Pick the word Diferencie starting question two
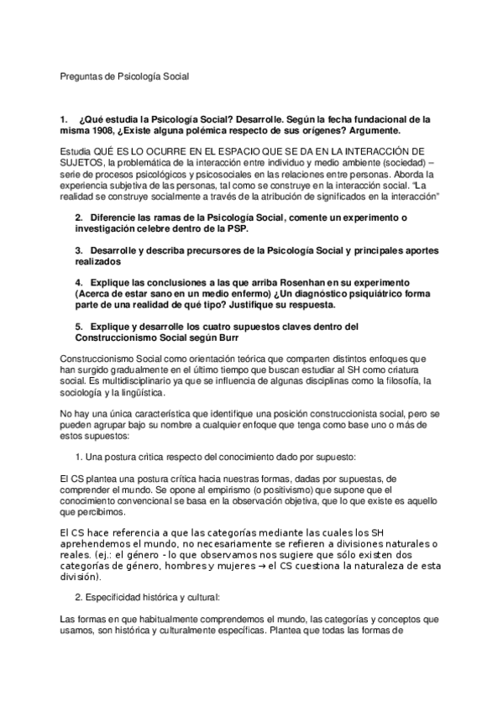[x=113, y=217]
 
